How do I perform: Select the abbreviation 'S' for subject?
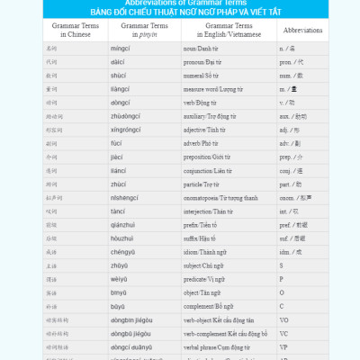pyautogui.click(x=282, y=265)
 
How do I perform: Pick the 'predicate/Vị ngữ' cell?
pyautogui.click(x=206, y=279)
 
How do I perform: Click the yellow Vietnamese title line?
pyautogui.click(x=179, y=12)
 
